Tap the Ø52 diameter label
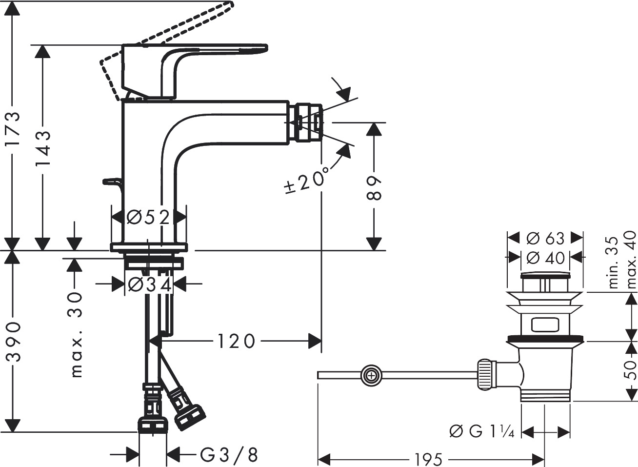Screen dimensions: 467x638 (x=148, y=217)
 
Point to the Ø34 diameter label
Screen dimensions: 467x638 (x=149, y=284)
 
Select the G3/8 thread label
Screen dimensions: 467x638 (x=228, y=455)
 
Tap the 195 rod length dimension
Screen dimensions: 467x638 (x=429, y=459)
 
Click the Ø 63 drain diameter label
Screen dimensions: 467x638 (x=546, y=238)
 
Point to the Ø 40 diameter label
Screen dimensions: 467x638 (x=546, y=257)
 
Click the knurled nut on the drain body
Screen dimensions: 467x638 (x=485, y=374)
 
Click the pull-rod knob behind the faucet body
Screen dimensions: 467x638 (x=112, y=182)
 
